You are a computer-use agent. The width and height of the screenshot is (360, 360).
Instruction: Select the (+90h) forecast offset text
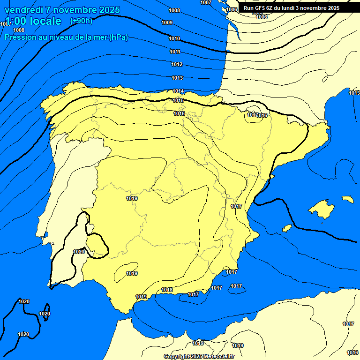[x=81, y=21]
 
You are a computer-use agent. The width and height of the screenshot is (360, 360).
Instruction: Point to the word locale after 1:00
[x=45, y=21]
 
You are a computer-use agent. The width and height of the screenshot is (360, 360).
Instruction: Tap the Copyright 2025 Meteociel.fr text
[x=199, y=356]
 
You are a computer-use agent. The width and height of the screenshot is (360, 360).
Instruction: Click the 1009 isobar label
[x=167, y=22]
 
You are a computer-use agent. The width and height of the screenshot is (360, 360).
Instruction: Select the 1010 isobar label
[x=174, y=38]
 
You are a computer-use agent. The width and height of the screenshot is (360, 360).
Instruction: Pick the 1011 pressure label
[x=175, y=52]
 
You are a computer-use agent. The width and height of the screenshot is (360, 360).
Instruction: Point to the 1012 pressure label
[x=177, y=64]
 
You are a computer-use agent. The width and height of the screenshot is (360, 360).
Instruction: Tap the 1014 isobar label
[x=178, y=91]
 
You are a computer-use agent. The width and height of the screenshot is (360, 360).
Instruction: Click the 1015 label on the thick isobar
[x=178, y=100]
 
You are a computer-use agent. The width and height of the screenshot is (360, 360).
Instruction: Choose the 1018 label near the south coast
[x=167, y=290]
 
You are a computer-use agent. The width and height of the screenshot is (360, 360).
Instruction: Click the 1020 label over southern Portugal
[x=79, y=252]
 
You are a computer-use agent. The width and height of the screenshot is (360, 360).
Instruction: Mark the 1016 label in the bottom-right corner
[x=352, y=352]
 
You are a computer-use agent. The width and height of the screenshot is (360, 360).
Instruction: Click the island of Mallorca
[x=322, y=209]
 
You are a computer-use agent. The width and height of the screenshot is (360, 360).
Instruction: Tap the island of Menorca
[x=347, y=199]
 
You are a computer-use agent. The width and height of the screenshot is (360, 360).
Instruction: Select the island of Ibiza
[x=287, y=228]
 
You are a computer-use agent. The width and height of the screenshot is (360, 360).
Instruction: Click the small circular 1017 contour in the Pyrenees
[x=253, y=115]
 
